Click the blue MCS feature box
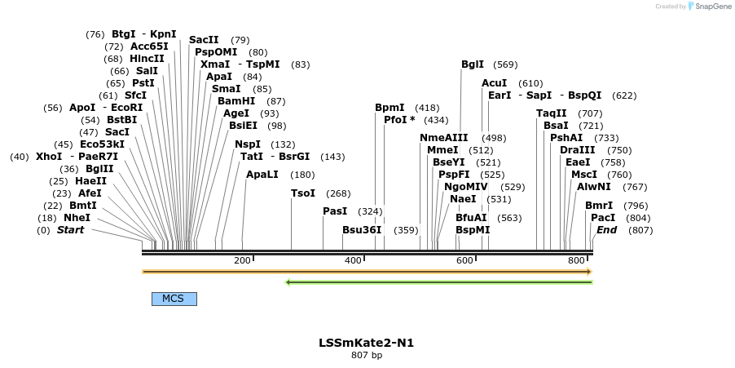tap(174, 299)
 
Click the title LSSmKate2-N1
tap(366, 343)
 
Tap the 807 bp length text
tap(366, 356)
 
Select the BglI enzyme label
tap(473, 64)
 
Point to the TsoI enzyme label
tap(303, 193)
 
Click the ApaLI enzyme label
tap(262, 175)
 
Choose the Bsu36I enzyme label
tap(362, 230)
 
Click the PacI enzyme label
tap(603, 218)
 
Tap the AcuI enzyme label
tap(494, 83)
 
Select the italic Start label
tap(70, 230)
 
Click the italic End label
tap(606, 230)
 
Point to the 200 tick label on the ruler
tap(242, 260)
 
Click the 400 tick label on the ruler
tap(353, 260)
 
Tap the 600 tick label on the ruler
tap(464, 260)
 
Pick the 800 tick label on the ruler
tap(576, 260)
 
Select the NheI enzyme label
tap(77, 218)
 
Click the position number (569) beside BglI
tap(505, 64)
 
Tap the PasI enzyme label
tap(335, 211)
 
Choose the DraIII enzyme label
tap(578, 150)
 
